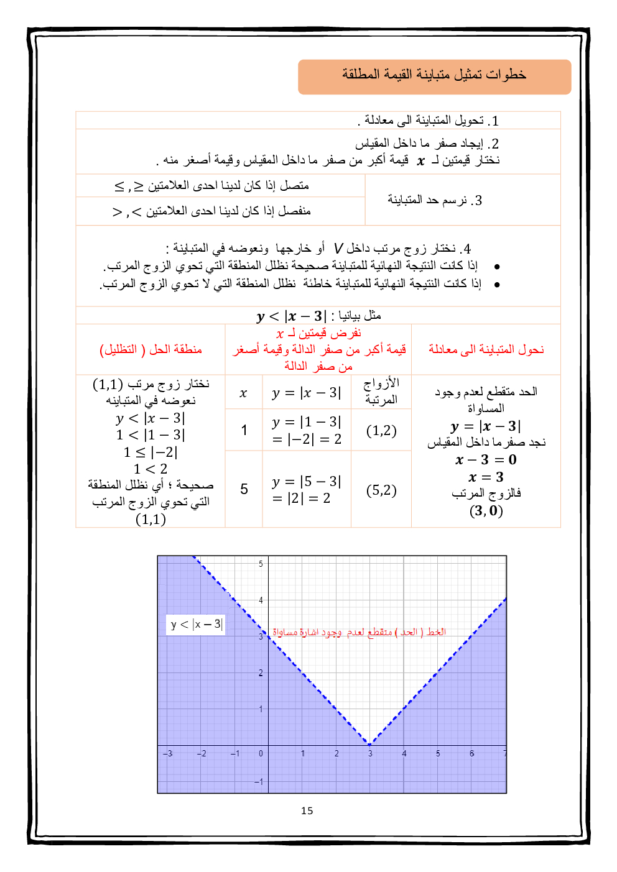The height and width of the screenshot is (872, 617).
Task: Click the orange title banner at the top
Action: (434, 76)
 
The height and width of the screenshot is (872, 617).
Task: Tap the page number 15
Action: (307, 810)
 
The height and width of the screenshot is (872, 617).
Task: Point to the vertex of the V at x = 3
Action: (369, 744)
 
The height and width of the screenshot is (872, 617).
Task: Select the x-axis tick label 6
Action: (471, 753)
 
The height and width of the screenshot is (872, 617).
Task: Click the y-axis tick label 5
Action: (261, 564)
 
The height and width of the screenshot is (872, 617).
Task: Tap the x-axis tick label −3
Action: (168, 753)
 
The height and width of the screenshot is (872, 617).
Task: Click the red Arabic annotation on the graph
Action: (359, 632)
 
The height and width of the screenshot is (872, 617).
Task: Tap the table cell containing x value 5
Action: (244, 490)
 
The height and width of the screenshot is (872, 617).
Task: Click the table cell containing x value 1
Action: (244, 430)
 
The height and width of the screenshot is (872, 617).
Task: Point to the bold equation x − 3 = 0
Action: (486, 460)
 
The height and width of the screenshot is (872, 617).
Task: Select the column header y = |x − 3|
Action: (307, 393)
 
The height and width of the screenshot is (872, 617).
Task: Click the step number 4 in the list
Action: (466, 249)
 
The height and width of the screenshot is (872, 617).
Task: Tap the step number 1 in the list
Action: (494, 121)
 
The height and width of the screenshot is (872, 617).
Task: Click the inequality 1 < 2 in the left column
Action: (150, 469)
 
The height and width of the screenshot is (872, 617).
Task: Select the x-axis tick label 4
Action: (404, 753)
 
